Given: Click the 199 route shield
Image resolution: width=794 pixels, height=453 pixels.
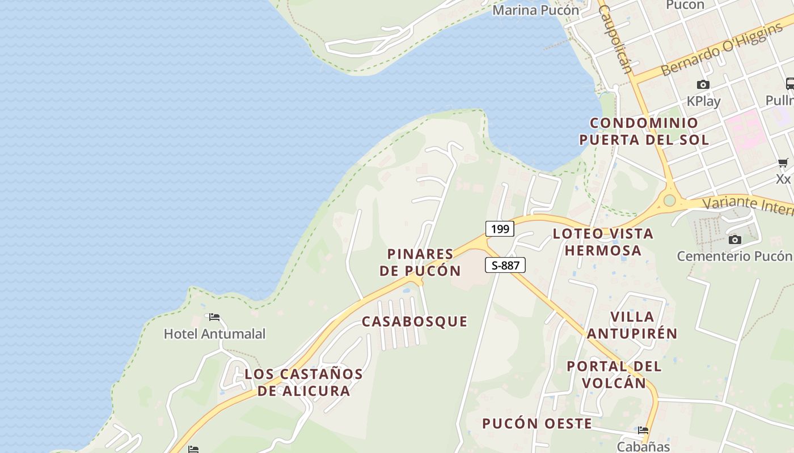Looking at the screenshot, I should tap(500, 229).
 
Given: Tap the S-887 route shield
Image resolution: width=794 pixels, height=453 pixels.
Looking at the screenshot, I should tap(505, 265).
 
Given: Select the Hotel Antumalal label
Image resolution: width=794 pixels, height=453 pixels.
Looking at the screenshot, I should tap(214, 334).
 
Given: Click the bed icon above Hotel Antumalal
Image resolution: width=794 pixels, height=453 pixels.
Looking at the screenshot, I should tap(214, 317).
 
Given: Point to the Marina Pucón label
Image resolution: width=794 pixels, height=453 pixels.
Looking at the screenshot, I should tap(536, 10).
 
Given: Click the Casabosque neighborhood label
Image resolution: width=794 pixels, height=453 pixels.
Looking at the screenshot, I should tap(415, 322).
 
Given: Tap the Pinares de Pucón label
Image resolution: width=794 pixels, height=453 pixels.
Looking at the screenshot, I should tap(420, 262).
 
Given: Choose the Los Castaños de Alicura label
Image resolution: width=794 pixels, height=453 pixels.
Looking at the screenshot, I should tap(303, 382).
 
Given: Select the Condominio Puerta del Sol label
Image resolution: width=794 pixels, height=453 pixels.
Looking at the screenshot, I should tap(644, 131).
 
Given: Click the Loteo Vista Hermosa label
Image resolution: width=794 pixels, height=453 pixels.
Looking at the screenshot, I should tap(603, 242).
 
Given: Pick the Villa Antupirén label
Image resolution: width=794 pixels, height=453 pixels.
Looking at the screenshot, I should tap(632, 325).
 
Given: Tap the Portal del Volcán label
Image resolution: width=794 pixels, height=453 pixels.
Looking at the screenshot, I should tap(614, 374).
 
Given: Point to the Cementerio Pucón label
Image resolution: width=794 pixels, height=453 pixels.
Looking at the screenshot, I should tap(734, 256).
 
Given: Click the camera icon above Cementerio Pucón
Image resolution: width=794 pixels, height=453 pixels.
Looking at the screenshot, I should tap(735, 240).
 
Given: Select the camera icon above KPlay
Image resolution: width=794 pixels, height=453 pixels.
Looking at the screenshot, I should tap(703, 85).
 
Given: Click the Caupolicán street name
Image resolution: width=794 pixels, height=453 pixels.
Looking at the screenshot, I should tap(616, 40).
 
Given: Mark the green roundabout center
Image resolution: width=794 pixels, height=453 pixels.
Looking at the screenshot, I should tap(670, 200).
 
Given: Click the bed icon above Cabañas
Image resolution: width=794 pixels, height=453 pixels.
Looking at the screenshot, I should tap(643, 430).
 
